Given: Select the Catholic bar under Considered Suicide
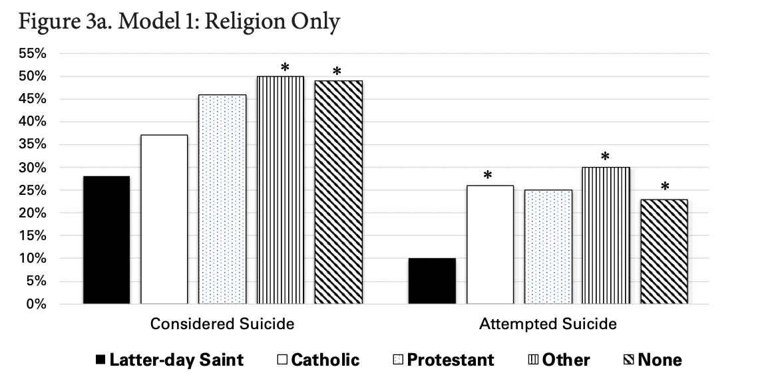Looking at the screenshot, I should (164, 219).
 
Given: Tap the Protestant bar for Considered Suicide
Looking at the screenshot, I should (222, 199).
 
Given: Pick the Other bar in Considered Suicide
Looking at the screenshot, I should (280, 190).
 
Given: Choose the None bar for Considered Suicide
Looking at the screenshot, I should (338, 192).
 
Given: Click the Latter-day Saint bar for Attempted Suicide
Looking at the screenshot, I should (432, 281).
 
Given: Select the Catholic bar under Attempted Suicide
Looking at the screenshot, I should (490, 244).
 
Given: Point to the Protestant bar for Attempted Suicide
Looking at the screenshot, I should (548, 247).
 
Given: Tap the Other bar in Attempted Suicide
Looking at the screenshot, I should (606, 235).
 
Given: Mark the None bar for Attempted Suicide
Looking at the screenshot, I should (664, 251).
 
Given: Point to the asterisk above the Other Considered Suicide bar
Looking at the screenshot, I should (285, 68).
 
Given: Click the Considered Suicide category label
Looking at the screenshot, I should (222, 325).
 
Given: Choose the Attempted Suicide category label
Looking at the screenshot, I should (548, 325).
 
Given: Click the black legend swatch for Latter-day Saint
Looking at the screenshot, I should (100, 360).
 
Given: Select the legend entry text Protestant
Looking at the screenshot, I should (451, 360).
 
